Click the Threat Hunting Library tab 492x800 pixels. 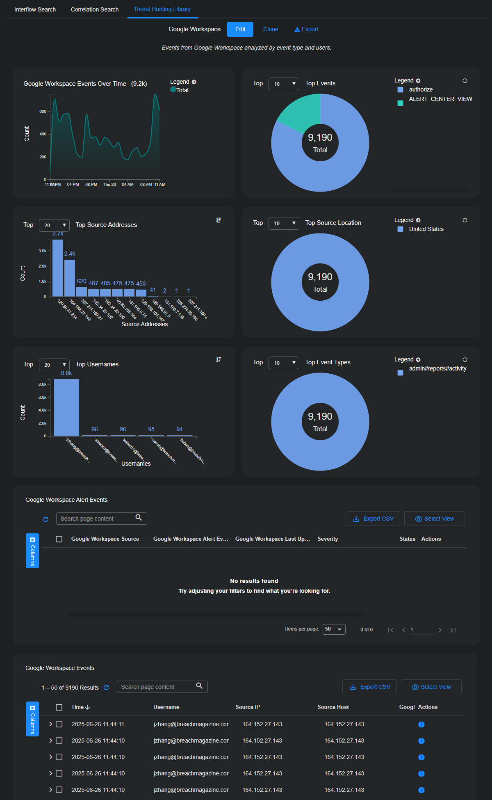162,9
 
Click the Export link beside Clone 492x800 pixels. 306,29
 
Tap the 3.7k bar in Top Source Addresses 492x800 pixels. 58,267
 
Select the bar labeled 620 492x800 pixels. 82,291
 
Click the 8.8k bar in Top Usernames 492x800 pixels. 66,407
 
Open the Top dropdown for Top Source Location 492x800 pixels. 284,223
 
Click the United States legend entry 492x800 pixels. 426,229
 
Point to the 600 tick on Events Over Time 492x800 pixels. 43,111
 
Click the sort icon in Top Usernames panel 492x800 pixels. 219,360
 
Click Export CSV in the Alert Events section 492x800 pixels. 373,519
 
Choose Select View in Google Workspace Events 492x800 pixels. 431,687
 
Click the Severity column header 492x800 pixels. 328,539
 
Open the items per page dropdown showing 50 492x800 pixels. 334,629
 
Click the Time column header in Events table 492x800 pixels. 80,707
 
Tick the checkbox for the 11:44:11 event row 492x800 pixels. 59,724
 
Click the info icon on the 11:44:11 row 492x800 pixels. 421,725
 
